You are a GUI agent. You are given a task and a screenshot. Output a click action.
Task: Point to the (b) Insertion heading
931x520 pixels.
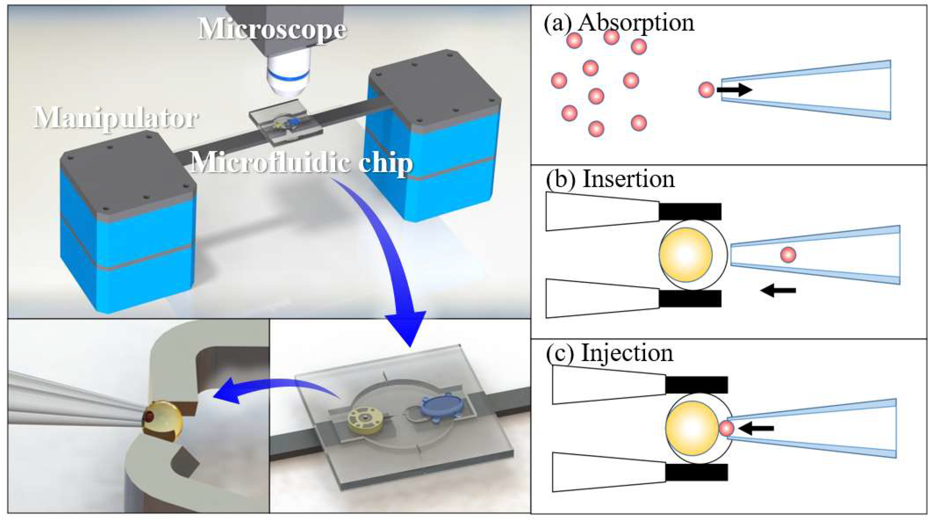[x=610, y=179]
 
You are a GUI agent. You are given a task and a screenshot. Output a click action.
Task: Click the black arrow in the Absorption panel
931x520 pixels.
[x=734, y=89]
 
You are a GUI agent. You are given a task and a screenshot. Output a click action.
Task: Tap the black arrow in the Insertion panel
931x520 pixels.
[x=778, y=290]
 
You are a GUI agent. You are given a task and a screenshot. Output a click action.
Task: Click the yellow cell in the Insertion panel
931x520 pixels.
[x=685, y=256]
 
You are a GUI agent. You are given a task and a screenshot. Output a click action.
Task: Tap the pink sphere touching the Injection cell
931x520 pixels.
[x=726, y=429]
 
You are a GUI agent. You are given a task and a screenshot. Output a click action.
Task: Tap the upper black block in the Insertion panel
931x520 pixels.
[x=690, y=211]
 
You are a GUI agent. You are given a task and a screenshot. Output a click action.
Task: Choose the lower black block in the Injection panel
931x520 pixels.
[x=696, y=472]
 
